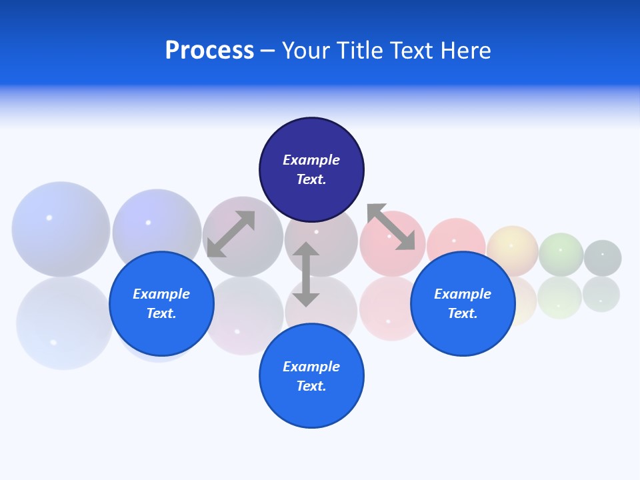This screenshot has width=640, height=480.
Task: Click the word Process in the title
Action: click(x=209, y=51)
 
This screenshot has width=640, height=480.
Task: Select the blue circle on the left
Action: click(x=161, y=304)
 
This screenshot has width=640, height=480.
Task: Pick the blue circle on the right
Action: click(x=463, y=304)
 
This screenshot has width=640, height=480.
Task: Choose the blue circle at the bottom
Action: click(x=311, y=376)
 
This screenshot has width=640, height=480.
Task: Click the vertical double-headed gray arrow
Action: click(x=306, y=274)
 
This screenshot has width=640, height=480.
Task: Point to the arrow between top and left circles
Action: click(x=231, y=234)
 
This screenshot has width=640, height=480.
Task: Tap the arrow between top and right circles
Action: click(x=391, y=227)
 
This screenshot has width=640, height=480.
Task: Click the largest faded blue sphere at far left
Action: click(x=61, y=229)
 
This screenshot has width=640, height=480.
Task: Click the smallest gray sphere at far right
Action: click(x=603, y=258)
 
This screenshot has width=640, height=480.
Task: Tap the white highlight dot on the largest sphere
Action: click(x=49, y=218)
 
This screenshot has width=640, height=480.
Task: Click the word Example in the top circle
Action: click(x=311, y=160)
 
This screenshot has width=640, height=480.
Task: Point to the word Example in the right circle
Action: click(x=463, y=294)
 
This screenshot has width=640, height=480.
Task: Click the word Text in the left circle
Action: click(x=161, y=313)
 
